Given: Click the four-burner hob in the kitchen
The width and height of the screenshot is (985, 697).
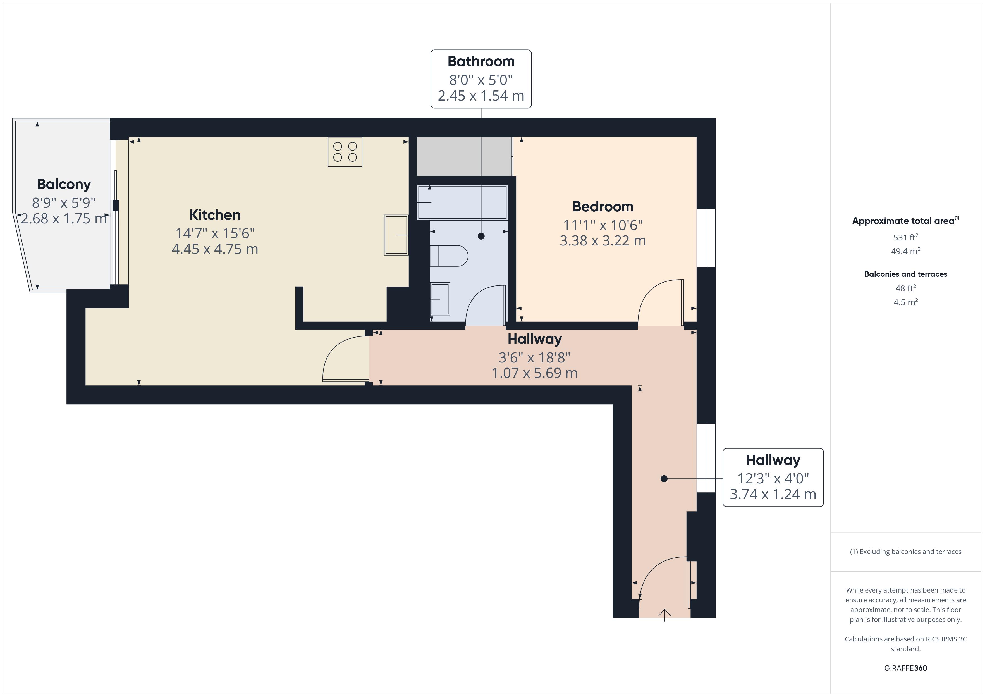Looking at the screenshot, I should (x=345, y=152).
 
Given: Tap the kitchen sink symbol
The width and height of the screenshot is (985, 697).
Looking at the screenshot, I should (x=396, y=235).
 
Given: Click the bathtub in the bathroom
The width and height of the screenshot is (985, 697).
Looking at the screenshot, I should (x=462, y=202).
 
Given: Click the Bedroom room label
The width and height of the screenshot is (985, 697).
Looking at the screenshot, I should (x=603, y=206).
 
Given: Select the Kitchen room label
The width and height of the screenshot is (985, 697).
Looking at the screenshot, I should (x=215, y=214).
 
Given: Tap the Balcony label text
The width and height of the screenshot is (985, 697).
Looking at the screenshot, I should (x=64, y=184).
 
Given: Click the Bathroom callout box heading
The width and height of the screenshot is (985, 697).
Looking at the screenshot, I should (x=481, y=61).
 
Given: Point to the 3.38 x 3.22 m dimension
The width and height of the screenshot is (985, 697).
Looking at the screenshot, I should (x=603, y=241).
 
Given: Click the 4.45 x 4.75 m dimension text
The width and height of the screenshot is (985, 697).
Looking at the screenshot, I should (x=215, y=249).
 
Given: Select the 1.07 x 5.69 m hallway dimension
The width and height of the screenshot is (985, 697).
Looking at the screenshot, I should (x=535, y=373).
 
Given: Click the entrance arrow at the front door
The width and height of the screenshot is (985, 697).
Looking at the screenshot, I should (x=664, y=615).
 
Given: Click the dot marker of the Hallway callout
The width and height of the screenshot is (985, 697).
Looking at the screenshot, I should (x=664, y=479).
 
